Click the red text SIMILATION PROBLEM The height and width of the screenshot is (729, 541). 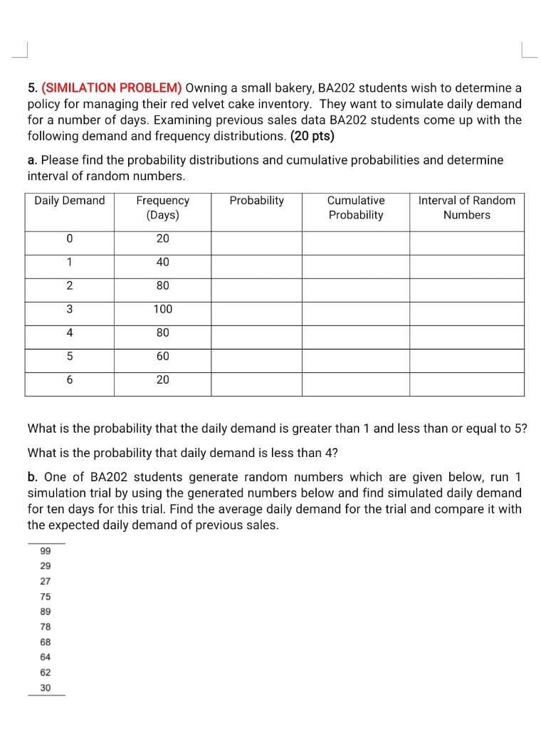pos(112,88)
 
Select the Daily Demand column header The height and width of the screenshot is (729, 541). pos(70,201)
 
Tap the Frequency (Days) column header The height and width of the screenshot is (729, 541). pos(162,208)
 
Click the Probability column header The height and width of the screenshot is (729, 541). pos(256,201)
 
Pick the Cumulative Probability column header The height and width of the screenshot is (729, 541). pos(355,208)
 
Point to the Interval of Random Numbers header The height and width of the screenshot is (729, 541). pos(466,208)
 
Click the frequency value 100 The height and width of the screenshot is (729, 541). pos(162,309)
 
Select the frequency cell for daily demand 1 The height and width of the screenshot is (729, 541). pos(162,262)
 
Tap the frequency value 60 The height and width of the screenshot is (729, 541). pos(162,356)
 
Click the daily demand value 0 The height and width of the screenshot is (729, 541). pos(69,238)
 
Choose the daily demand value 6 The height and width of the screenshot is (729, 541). pos(69,379)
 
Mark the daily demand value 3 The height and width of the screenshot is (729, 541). pos(69,309)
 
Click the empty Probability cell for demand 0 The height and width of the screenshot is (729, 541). pos(256,238)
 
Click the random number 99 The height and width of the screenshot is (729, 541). pos(46,551)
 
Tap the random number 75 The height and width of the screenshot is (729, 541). pos(46,597)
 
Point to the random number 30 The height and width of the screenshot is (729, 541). pos(46,687)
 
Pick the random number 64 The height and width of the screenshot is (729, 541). pos(46,656)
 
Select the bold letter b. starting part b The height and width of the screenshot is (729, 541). pos(32,477)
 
